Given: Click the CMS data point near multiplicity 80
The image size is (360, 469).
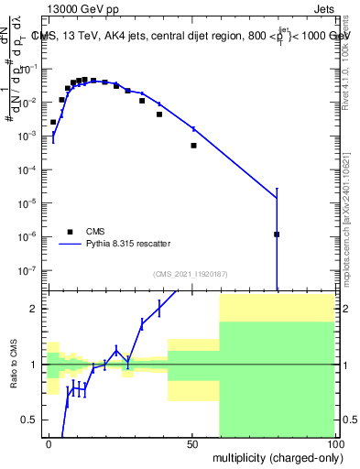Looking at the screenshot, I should [x=277, y=234].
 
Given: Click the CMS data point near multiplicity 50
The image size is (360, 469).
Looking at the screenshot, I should [x=193, y=146].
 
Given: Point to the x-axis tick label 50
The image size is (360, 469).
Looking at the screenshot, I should [x=193, y=443].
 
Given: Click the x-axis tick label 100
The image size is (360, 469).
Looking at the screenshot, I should [x=335, y=443].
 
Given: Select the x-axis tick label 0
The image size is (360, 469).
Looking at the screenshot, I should [x=49, y=443].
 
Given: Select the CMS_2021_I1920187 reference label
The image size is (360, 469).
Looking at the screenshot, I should [x=190, y=274].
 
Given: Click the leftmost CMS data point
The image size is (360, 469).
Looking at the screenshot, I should [x=53, y=122].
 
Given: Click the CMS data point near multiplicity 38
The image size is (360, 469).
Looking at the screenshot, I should [x=159, y=115].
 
